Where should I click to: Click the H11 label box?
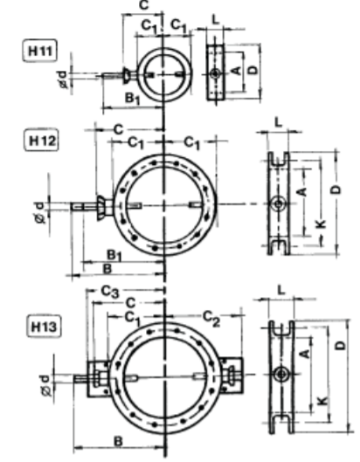39,51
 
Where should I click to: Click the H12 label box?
41,141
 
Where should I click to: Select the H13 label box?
44,327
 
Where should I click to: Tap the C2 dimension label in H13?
211,319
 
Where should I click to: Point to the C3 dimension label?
110,292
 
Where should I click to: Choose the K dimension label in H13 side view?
322,400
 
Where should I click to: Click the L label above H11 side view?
216,20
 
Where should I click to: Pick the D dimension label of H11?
253,70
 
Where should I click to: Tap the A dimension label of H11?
236,70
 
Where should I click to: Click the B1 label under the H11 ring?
133,98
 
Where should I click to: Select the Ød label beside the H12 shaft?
40,212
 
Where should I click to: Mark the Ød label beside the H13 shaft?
45,385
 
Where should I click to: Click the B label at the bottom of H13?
118,442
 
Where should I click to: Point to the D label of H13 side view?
341,345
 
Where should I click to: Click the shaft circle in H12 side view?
278,203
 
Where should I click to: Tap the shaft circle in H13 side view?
281,374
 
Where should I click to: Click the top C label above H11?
143,5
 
